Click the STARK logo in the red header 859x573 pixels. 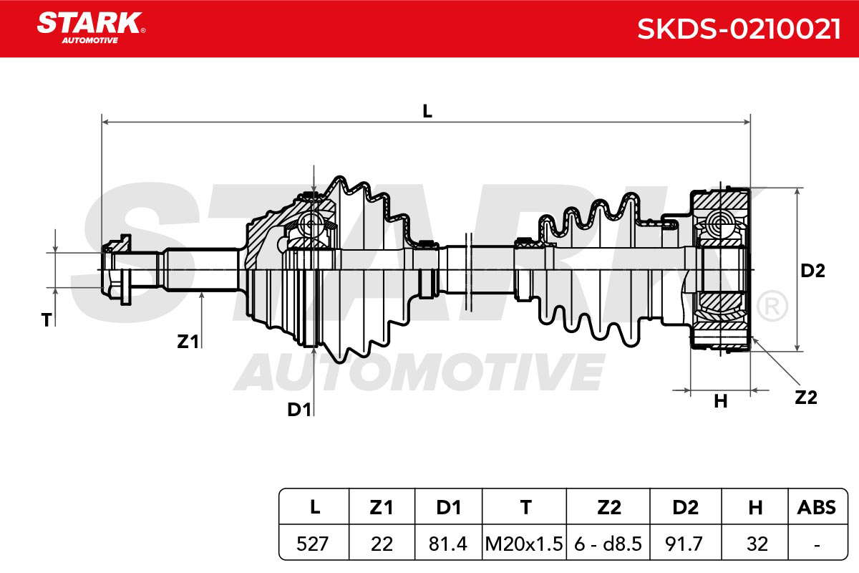pos(91,28)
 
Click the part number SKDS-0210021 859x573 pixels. pos(739,29)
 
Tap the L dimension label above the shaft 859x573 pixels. pos(427,111)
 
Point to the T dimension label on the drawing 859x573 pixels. pos(47,319)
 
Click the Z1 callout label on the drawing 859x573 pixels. pos(188,341)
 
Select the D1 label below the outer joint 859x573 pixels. pos(299,410)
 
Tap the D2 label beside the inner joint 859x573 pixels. pos(812,271)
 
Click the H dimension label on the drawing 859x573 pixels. pos(721,401)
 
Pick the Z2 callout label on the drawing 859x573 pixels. pos(806,398)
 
